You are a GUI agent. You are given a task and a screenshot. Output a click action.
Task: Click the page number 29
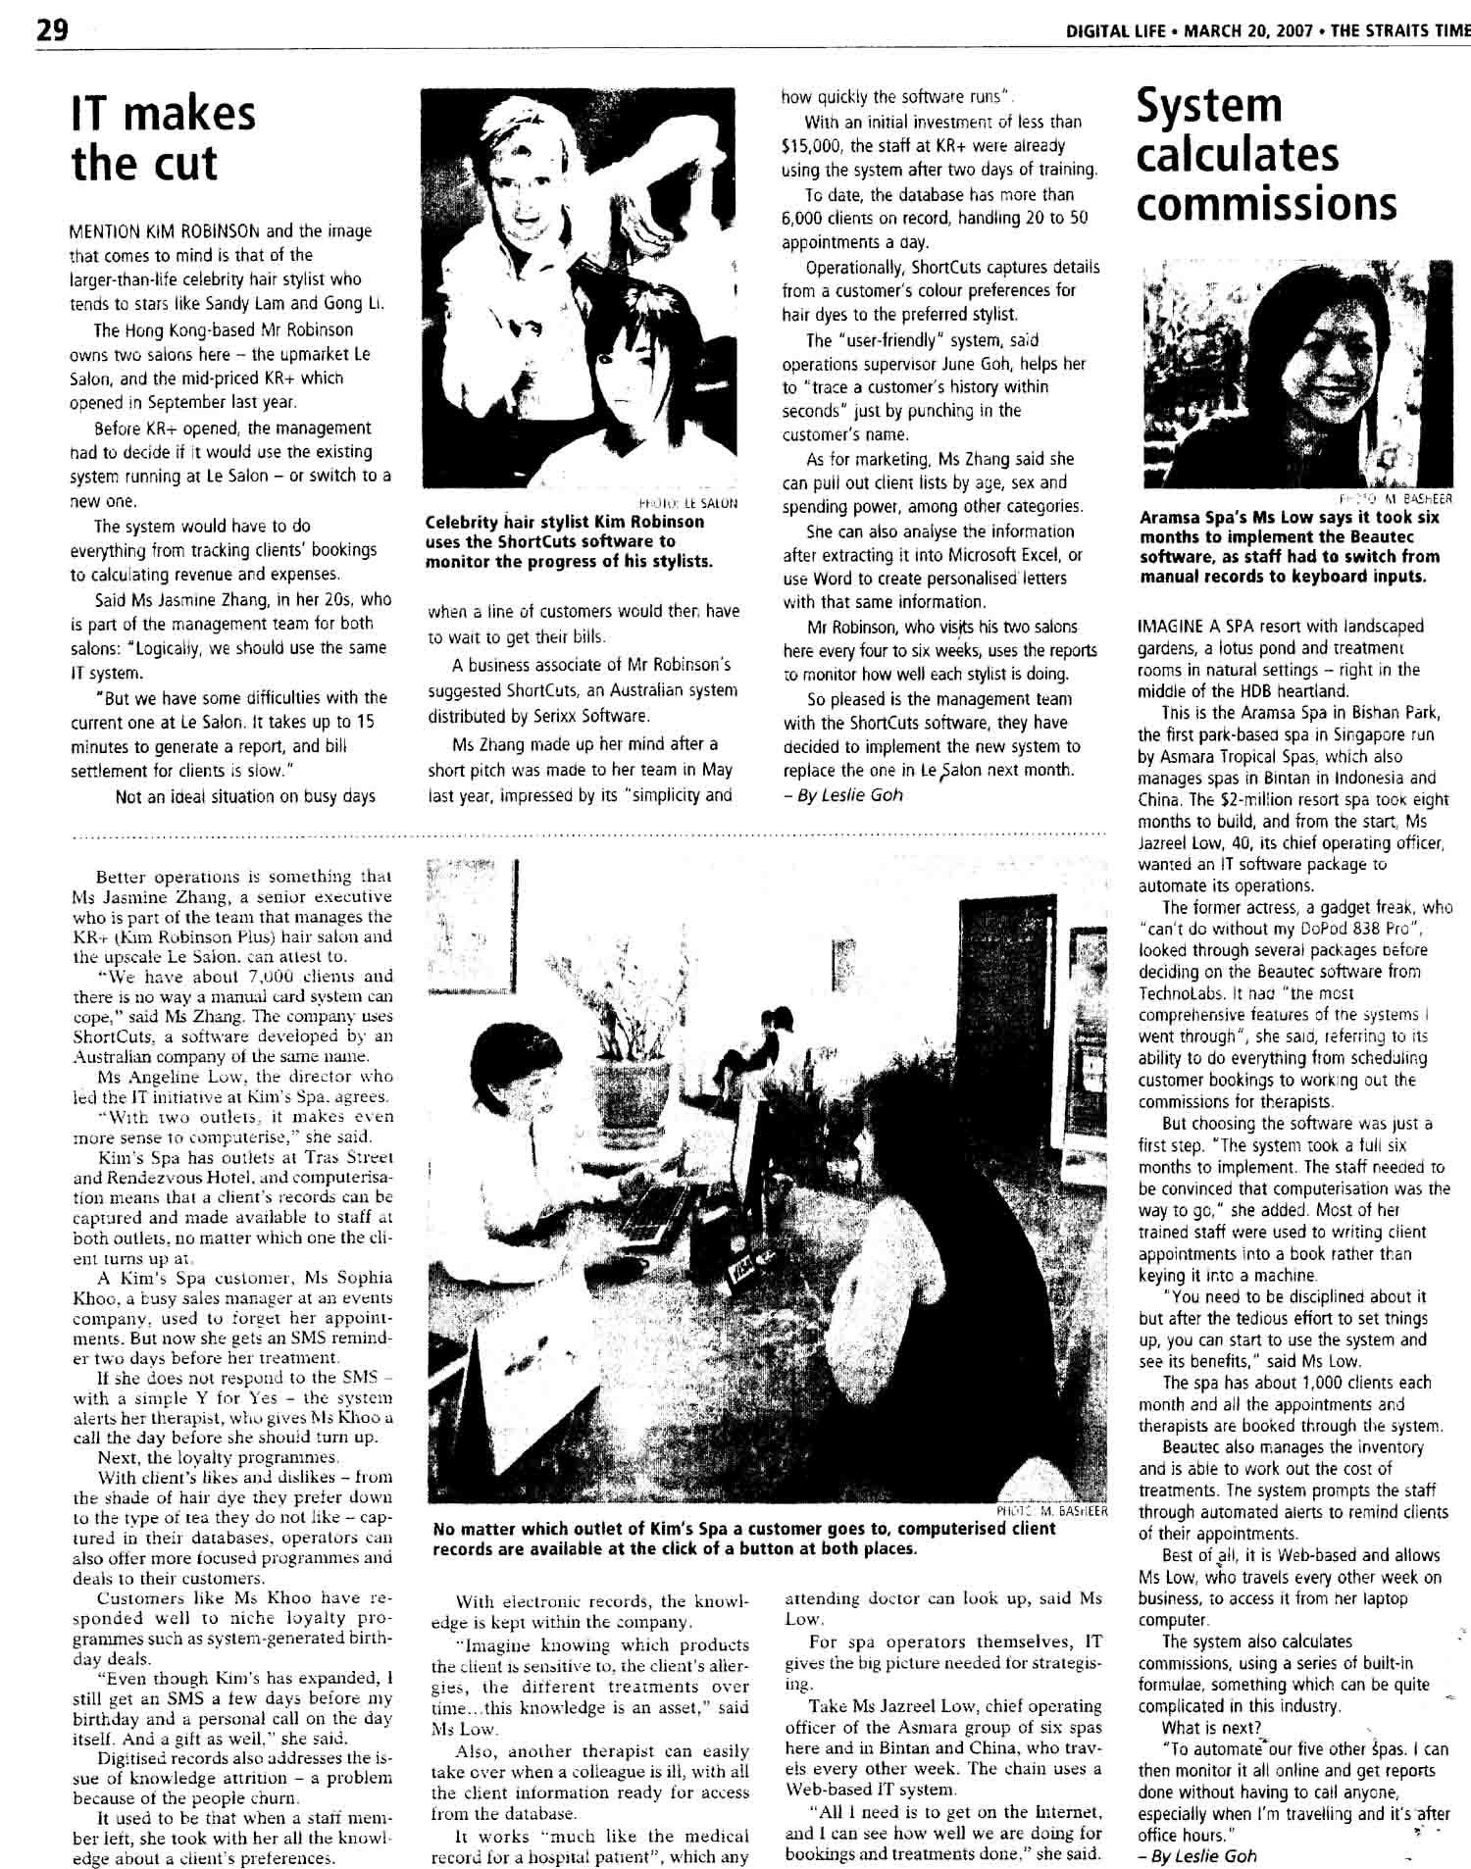point(52,30)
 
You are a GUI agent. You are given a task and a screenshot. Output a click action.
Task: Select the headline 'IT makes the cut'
point(163,138)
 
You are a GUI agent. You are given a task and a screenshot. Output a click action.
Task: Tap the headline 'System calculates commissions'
point(1266,155)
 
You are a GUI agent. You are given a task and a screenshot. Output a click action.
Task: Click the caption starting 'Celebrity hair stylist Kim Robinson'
point(569,541)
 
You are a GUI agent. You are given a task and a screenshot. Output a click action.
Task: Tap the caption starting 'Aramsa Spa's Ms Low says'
point(1290,546)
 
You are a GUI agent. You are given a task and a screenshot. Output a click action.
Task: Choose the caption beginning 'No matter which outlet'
point(744,1539)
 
